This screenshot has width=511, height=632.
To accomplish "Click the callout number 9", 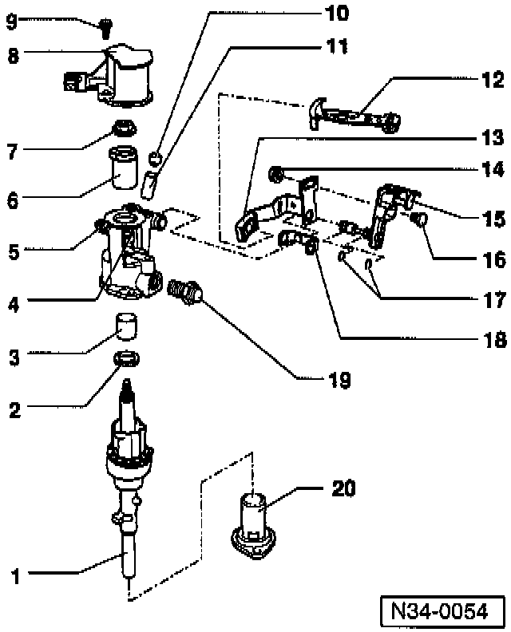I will [10, 22].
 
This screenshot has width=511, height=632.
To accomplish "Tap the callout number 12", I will [493, 80].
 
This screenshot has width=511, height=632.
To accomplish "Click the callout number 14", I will [493, 169].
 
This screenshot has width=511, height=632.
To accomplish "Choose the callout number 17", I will [493, 301].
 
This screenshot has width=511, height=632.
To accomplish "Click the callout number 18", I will [493, 340].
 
